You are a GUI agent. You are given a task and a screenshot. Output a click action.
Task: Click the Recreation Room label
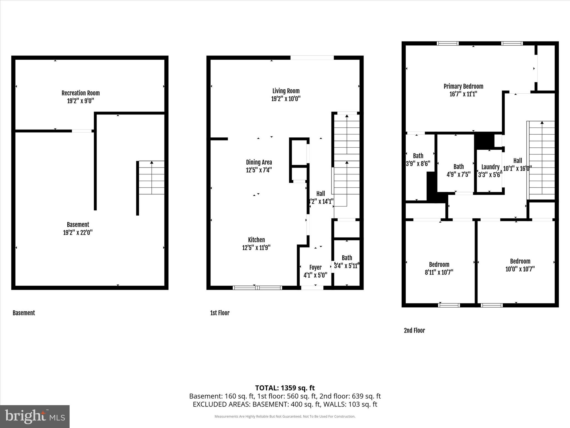click(x=80, y=93)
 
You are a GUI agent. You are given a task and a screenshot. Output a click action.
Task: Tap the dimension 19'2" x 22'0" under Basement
click(x=78, y=232)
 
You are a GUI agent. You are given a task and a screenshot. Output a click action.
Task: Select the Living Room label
click(x=286, y=91)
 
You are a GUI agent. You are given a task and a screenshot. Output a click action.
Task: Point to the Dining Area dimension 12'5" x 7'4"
click(x=259, y=170)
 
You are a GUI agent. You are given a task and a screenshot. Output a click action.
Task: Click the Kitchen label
click(x=256, y=240)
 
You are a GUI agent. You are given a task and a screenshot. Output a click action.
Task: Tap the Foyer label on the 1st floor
click(x=315, y=267)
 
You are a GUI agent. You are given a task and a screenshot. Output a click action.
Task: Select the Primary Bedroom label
click(x=463, y=86)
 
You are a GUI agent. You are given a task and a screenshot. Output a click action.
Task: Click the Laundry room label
click(x=490, y=167)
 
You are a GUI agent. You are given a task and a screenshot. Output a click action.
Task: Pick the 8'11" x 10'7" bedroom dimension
click(x=439, y=272)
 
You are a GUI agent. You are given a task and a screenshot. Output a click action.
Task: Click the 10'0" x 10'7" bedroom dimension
click(x=520, y=269)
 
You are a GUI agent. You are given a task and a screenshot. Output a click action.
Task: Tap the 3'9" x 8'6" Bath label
click(x=418, y=156)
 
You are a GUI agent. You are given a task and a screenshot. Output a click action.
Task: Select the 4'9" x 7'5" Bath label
click(x=458, y=167)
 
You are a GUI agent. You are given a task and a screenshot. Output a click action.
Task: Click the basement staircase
click(x=151, y=177)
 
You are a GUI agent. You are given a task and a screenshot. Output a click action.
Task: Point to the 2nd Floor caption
click(x=414, y=330)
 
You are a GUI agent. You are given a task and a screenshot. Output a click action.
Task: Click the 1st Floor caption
click(x=220, y=313)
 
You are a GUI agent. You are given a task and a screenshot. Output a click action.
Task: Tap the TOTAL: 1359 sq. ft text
click(x=285, y=388)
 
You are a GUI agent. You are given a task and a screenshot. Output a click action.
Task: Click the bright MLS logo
click(x=35, y=416)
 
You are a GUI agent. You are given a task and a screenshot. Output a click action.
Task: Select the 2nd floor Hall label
click(x=517, y=160)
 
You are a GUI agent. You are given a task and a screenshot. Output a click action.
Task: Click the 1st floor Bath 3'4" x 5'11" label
click(x=347, y=258)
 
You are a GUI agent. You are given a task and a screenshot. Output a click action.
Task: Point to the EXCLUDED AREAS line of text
click(x=285, y=404)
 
